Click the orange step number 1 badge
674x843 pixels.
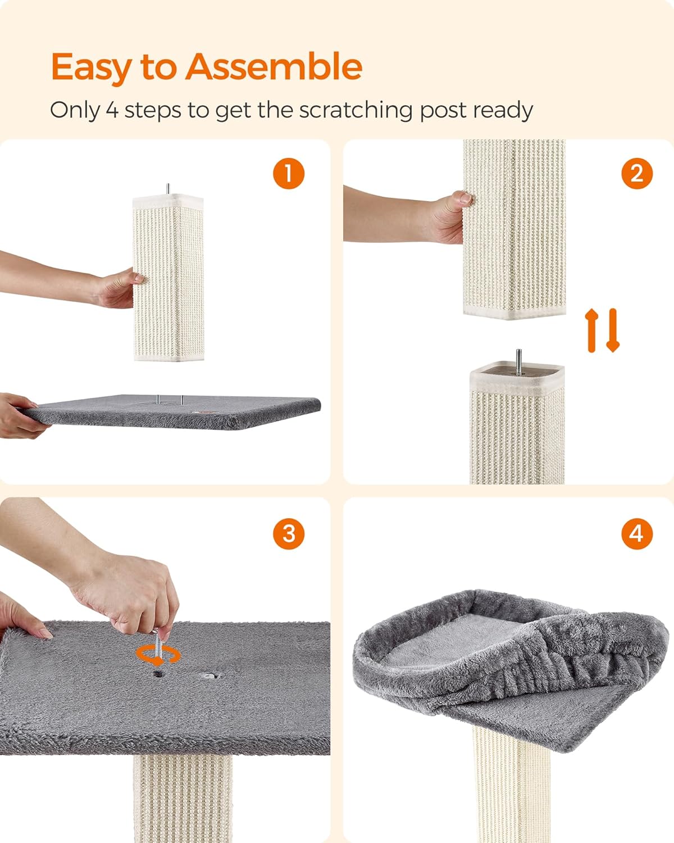pos(289,173)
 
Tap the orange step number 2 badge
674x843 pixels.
pos(637,173)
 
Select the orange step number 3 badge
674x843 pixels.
pos(289,533)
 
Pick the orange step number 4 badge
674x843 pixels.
pos(637,533)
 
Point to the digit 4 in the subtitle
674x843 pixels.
pos(112,110)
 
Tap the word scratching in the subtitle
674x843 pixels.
pos(356,110)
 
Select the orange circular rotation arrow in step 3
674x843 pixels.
pos(158,655)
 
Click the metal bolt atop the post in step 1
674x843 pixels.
pos(167,189)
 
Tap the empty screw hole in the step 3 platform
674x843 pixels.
pos(210,675)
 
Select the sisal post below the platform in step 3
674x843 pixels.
pos(183,798)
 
